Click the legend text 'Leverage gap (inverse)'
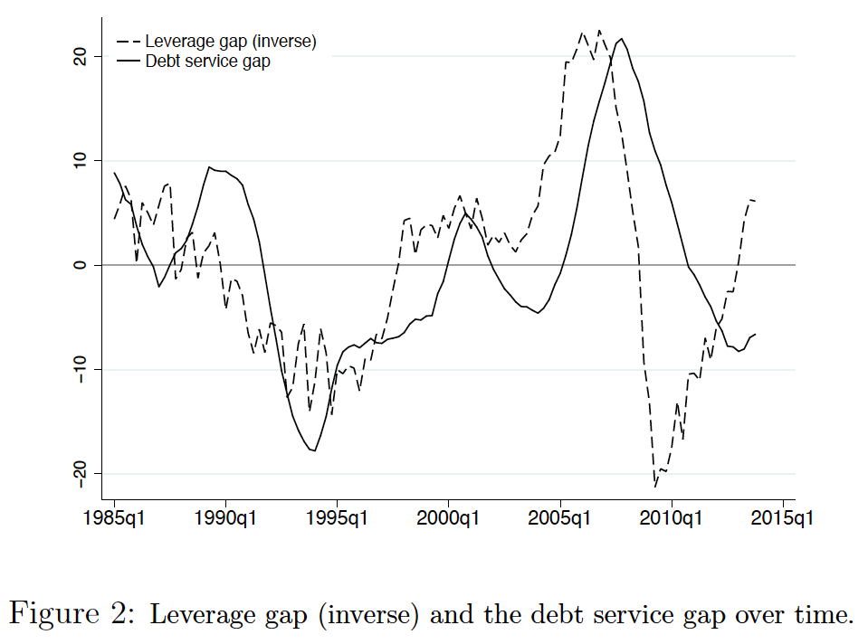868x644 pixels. pyautogui.click(x=231, y=42)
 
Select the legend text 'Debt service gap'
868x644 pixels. pyautogui.click(x=207, y=62)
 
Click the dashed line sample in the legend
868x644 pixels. pyautogui.click(x=128, y=42)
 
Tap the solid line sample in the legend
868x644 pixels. pyautogui.click(x=128, y=62)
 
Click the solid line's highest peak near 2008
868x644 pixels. pyautogui.click(x=621, y=40)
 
